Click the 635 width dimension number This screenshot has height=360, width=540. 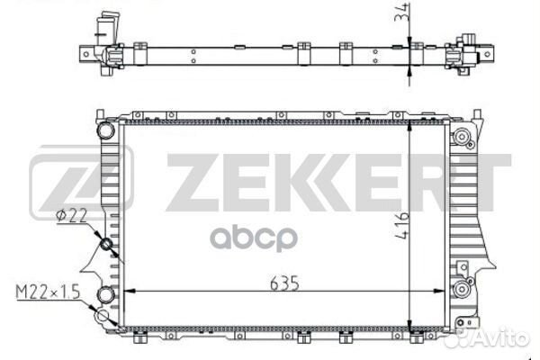click(282, 282)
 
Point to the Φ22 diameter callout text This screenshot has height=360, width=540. click(69, 214)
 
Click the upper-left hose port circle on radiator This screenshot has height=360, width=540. click(106, 130)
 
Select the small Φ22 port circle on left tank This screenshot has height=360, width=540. click(106, 244)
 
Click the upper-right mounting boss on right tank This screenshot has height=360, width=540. click(463, 138)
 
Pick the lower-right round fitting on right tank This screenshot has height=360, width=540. click(463, 289)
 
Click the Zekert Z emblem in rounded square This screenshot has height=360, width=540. click(81, 183)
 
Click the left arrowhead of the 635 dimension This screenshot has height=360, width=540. click(127, 292)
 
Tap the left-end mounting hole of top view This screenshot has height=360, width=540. click(86, 53)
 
